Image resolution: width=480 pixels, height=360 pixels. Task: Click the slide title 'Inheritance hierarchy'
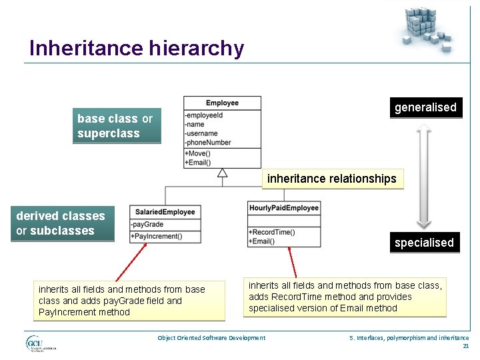[137, 48]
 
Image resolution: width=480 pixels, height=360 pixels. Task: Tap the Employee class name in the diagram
[222, 103]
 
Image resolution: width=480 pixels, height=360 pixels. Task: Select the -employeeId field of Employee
[205, 115]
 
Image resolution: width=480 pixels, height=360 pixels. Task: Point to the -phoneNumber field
[209, 142]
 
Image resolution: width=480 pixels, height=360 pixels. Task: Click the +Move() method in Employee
[198, 153]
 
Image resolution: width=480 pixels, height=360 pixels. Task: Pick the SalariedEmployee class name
[165, 212]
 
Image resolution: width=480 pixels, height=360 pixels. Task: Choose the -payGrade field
[147, 225]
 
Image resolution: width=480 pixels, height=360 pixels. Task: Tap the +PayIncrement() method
[157, 236]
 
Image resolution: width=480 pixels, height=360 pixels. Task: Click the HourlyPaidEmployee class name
[284, 208]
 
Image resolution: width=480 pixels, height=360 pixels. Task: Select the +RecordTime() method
[271, 232]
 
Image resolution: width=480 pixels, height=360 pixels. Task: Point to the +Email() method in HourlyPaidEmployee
[262, 241]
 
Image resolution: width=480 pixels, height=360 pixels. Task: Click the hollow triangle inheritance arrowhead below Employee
[223, 173]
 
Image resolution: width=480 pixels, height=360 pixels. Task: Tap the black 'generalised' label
[425, 107]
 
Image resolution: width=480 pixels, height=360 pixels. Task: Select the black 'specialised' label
[424, 243]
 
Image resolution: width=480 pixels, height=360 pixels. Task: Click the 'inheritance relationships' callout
[332, 179]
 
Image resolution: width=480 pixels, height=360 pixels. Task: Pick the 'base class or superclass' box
[117, 126]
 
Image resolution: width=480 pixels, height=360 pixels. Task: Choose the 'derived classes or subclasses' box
[61, 223]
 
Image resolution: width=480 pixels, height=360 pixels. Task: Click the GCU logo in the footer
[40, 343]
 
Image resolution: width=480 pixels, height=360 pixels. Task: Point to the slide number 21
[465, 346]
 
